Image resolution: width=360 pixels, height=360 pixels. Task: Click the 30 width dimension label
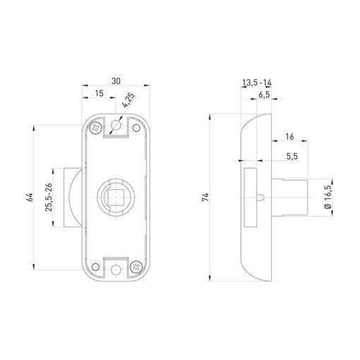click(116, 81)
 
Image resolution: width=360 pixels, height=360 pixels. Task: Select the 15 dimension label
click(100, 93)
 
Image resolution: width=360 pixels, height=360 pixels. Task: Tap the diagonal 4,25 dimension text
click(128, 100)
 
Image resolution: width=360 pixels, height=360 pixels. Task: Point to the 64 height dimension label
click(30, 197)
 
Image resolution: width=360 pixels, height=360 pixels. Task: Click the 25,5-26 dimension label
click(49, 197)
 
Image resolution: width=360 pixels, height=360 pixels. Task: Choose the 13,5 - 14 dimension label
click(257, 83)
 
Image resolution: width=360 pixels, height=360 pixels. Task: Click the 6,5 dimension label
click(264, 95)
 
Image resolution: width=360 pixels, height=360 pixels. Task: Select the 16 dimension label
click(289, 136)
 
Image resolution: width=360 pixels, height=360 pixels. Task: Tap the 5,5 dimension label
click(292, 156)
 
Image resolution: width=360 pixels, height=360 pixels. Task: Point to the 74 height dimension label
click(205, 197)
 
